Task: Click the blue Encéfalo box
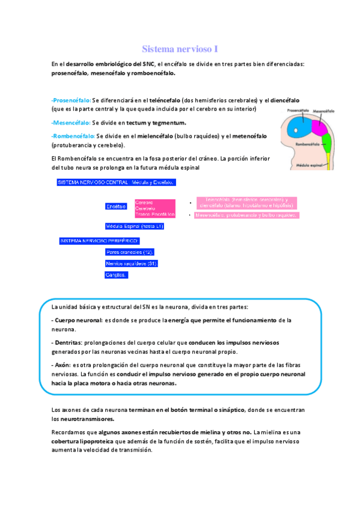click(115, 207)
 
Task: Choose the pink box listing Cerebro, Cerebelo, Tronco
click(154, 208)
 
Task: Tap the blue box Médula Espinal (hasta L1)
click(134, 226)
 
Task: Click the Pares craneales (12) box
click(130, 252)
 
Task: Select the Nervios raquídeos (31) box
click(131, 263)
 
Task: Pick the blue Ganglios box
click(116, 275)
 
